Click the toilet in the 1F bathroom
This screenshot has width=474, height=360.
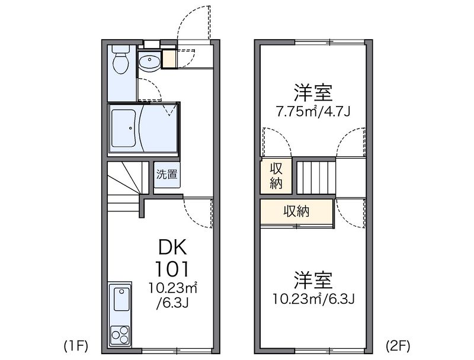pyautogui.click(x=121, y=63)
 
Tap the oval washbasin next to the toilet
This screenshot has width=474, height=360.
pyautogui.click(x=148, y=60)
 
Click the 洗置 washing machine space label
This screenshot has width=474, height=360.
pyautogui.click(x=166, y=175)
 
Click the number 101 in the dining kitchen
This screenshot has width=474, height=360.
pyautogui.click(x=172, y=269)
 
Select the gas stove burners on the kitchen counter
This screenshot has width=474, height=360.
pyautogui.click(x=121, y=333)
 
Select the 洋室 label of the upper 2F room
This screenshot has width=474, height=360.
pyautogui.click(x=313, y=92)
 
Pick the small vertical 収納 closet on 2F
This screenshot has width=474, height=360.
pyautogui.click(x=276, y=175)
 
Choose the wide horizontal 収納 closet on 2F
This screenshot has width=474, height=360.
pyautogui.click(x=296, y=211)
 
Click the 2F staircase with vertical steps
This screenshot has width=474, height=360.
pyautogui.click(x=316, y=176)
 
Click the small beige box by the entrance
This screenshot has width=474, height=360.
pyautogui.click(x=168, y=59)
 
